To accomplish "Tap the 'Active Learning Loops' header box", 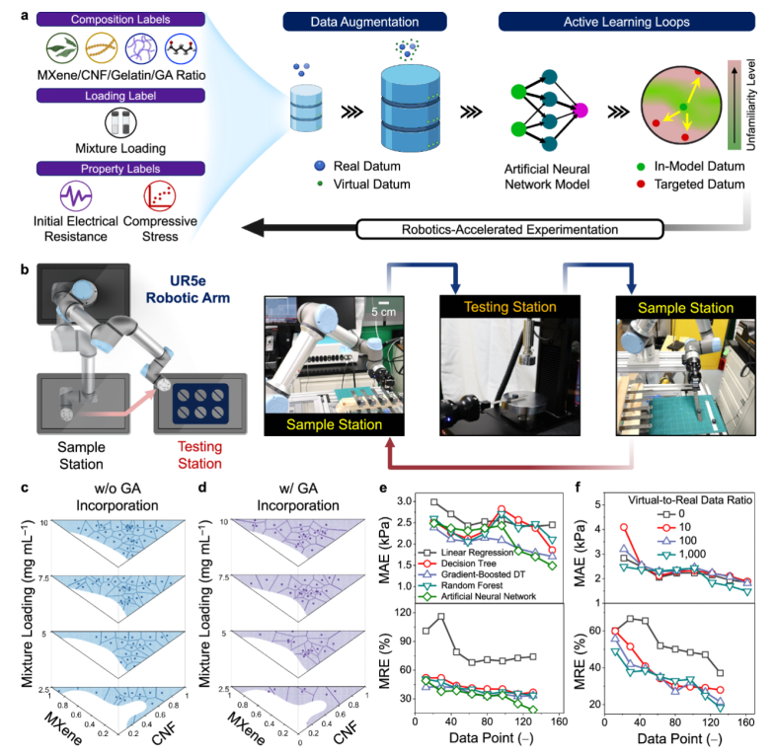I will [599, 22].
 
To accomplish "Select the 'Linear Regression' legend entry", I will [471, 555].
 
